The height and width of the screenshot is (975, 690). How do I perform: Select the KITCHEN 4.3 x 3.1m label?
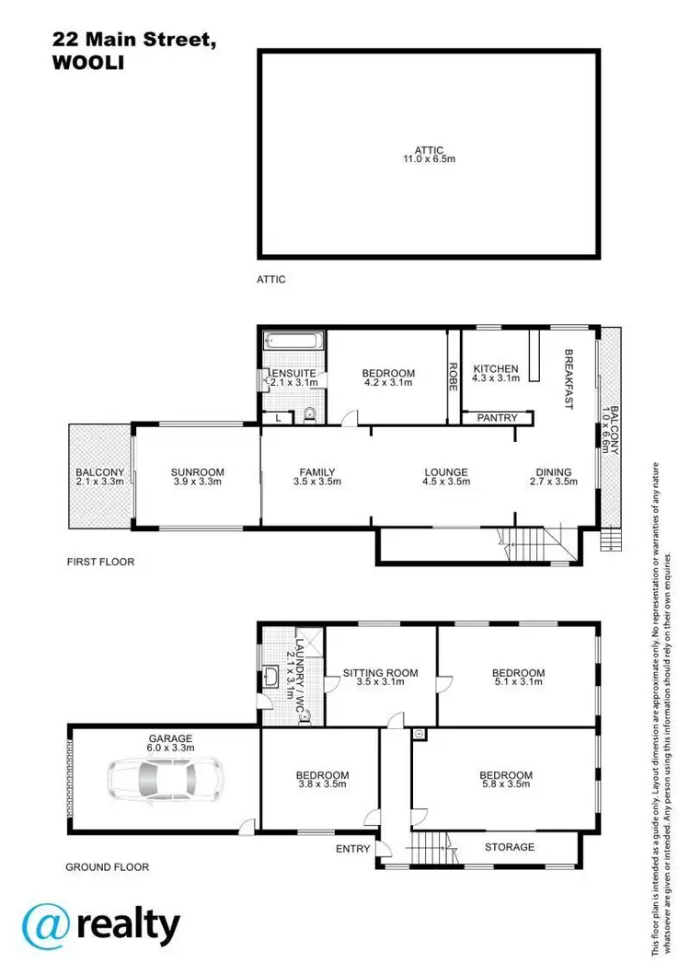click(x=496, y=374)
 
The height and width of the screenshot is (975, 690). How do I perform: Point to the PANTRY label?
click(x=497, y=419)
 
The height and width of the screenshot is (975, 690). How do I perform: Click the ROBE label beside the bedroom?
click(x=453, y=377)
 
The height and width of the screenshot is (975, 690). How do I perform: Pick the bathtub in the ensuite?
click(x=293, y=342)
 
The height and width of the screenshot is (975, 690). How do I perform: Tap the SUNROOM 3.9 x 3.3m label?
click(x=197, y=477)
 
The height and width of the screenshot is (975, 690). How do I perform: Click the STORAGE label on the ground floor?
click(x=510, y=846)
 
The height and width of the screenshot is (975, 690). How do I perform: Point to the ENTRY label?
click(x=353, y=849)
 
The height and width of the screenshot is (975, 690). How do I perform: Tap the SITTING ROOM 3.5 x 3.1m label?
click(x=380, y=678)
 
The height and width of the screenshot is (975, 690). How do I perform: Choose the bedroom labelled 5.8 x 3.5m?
click(x=506, y=780)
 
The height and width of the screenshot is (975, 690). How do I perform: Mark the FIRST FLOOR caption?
click(x=100, y=561)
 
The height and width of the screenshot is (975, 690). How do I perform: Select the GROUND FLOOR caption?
click(x=107, y=866)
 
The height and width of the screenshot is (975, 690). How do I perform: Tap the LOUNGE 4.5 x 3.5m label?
click(x=446, y=477)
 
